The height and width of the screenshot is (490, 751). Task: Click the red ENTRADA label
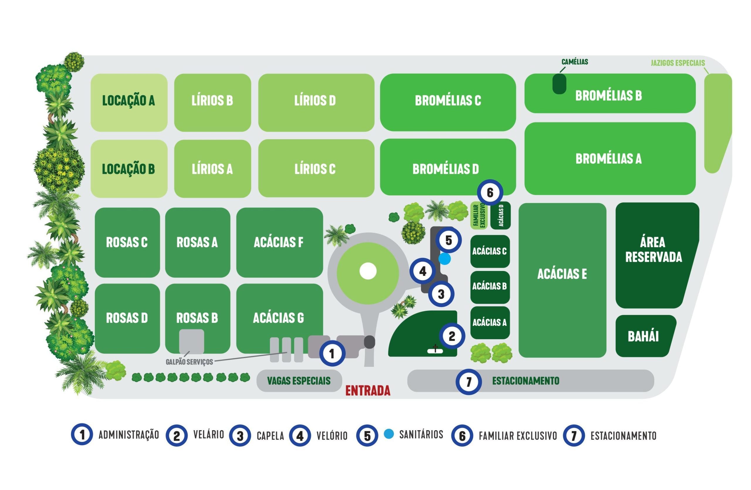[368, 391]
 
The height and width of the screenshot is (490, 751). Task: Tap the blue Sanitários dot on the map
[445, 259]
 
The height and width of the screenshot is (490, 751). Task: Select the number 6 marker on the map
[490, 192]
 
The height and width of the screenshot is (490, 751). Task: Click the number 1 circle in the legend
[82, 435]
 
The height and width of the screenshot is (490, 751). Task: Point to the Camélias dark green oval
[559, 84]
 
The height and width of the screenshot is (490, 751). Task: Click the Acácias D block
[500, 215]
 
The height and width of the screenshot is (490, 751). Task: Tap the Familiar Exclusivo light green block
[479, 216]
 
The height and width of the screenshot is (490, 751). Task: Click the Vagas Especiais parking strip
[299, 381]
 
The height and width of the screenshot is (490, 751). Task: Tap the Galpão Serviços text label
[189, 362]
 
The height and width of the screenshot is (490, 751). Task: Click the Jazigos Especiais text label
[677, 63]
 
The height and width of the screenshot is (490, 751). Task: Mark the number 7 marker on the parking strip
[468, 382]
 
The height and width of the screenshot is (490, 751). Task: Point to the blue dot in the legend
[389, 434]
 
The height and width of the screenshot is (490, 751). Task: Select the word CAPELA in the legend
[270, 436]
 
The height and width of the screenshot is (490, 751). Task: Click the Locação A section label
[128, 101]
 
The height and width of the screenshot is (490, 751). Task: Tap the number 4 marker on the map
[423, 271]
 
